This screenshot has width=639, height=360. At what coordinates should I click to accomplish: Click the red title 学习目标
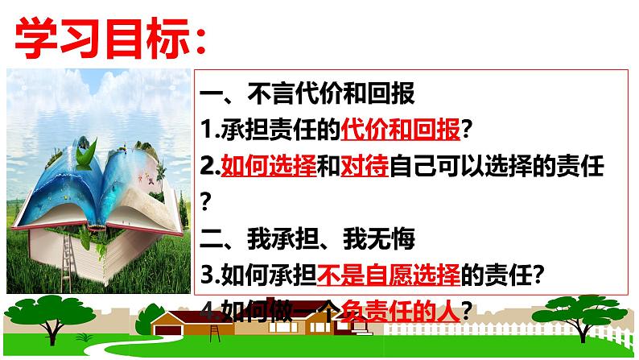[102, 38]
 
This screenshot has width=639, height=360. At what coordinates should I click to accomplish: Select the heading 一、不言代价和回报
[307, 93]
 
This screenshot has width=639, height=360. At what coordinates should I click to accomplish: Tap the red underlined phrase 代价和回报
[400, 130]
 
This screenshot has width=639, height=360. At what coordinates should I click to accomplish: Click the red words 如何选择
[269, 166]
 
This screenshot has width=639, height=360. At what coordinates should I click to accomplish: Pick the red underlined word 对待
[365, 166]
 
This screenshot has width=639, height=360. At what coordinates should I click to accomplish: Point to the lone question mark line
[206, 201]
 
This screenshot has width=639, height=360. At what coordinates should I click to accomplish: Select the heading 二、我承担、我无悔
[307, 238]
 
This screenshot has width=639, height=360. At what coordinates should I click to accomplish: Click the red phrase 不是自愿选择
[389, 275]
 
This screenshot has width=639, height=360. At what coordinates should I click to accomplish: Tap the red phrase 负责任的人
[400, 312]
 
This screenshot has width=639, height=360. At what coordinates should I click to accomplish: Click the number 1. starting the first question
[210, 130]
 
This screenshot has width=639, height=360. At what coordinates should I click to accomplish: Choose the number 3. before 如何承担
[210, 275]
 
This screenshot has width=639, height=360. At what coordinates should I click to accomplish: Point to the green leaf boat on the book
[86, 155]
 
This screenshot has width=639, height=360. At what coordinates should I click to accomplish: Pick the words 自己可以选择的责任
[497, 166]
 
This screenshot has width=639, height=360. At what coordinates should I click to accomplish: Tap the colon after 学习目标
[200, 40]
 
